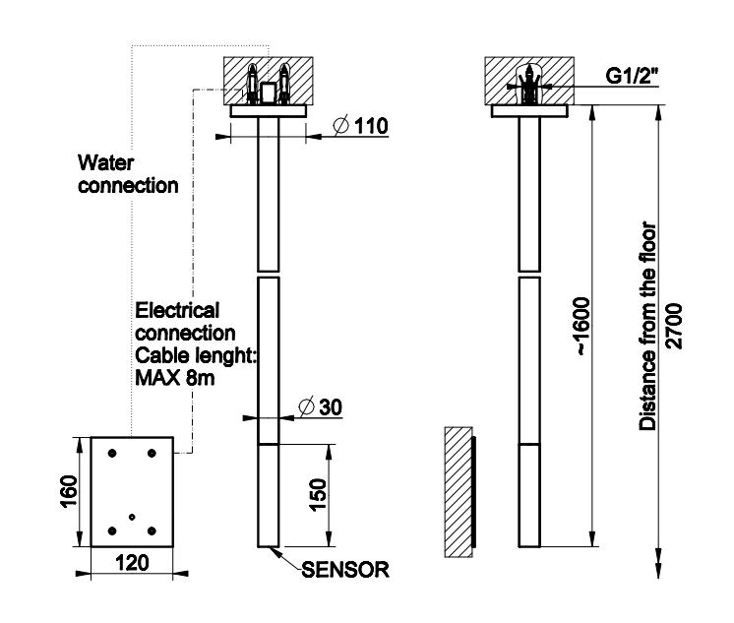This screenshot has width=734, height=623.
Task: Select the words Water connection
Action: point(128,173)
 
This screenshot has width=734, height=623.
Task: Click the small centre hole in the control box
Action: point(132,516)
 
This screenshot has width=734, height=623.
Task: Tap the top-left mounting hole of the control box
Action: point(111,452)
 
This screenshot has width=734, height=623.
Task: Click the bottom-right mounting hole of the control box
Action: point(151,531)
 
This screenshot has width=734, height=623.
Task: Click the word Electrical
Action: point(177,311)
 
